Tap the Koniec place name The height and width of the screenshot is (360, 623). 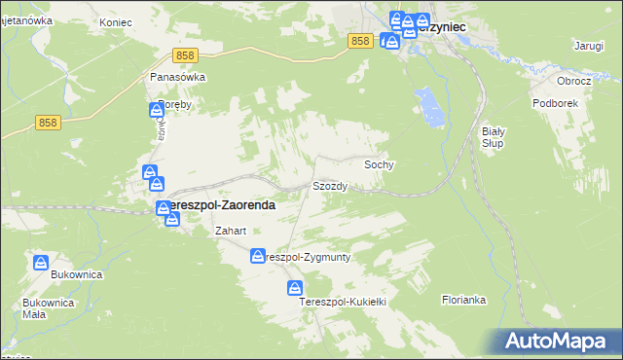(x=116, y=20)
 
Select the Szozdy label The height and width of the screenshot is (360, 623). (x=329, y=185)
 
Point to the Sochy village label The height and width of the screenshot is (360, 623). (x=379, y=165)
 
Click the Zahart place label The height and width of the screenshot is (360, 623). (x=230, y=232)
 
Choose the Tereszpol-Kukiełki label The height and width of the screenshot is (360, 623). (x=343, y=303)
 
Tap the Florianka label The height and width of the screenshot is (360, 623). (x=463, y=300)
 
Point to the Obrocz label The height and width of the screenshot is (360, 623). (x=573, y=80)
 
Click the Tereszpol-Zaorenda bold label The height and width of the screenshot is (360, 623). (x=217, y=206)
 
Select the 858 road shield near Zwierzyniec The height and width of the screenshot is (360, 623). (x=360, y=40)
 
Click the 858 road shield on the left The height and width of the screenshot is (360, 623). (x=49, y=122)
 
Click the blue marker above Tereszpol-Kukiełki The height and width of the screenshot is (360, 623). (x=294, y=288)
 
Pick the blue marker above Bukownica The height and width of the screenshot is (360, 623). (x=41, y=263)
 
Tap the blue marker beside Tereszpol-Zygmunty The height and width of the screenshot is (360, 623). (x=258, y=257)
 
